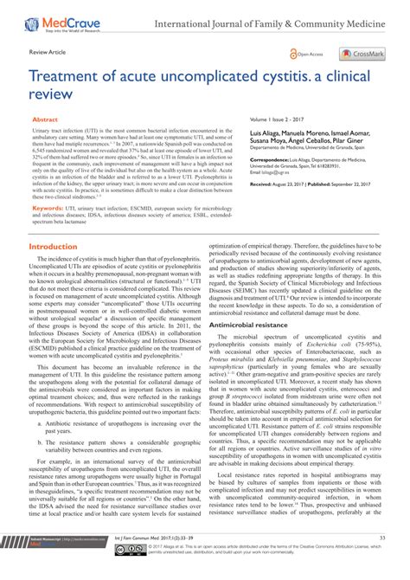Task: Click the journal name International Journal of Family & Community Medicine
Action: click(x=278, y=16)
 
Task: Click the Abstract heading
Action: click(x=46, y=121)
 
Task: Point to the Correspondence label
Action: click(x=248, y=159)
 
